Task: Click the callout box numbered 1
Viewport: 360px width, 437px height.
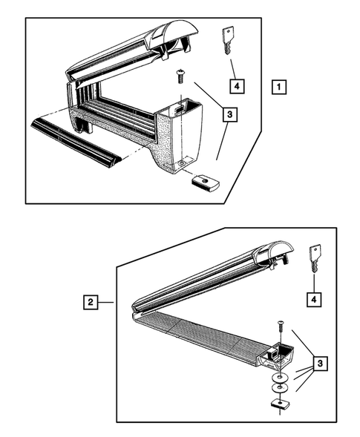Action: tap(279, 87)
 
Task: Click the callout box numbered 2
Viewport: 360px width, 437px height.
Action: tap(91, 302)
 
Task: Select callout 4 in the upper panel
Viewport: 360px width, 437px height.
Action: tap(237, 86)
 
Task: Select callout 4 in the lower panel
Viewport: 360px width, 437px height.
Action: tap(314, 300)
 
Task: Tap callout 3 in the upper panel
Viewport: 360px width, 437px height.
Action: tap(230, 114)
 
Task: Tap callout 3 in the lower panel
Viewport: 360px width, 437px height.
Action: tap(320, 364)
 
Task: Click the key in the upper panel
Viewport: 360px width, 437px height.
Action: tap(228, 40)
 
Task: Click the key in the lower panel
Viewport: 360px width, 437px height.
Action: tap(315, 258)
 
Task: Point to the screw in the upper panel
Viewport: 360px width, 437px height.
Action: tap(180, 76)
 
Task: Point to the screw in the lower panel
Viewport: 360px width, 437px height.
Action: tap(281, 326)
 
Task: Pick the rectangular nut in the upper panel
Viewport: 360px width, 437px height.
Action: tap(205, 183)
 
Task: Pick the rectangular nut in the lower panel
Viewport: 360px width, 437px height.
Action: tap(279, 404)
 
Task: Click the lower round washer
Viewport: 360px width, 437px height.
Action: tap(280, 388)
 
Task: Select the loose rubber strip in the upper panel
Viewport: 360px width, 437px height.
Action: tap(75, 142)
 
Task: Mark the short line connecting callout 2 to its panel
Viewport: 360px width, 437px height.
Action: tap(105, 302)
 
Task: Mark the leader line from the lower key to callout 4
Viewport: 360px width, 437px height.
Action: tap(314, 283)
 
